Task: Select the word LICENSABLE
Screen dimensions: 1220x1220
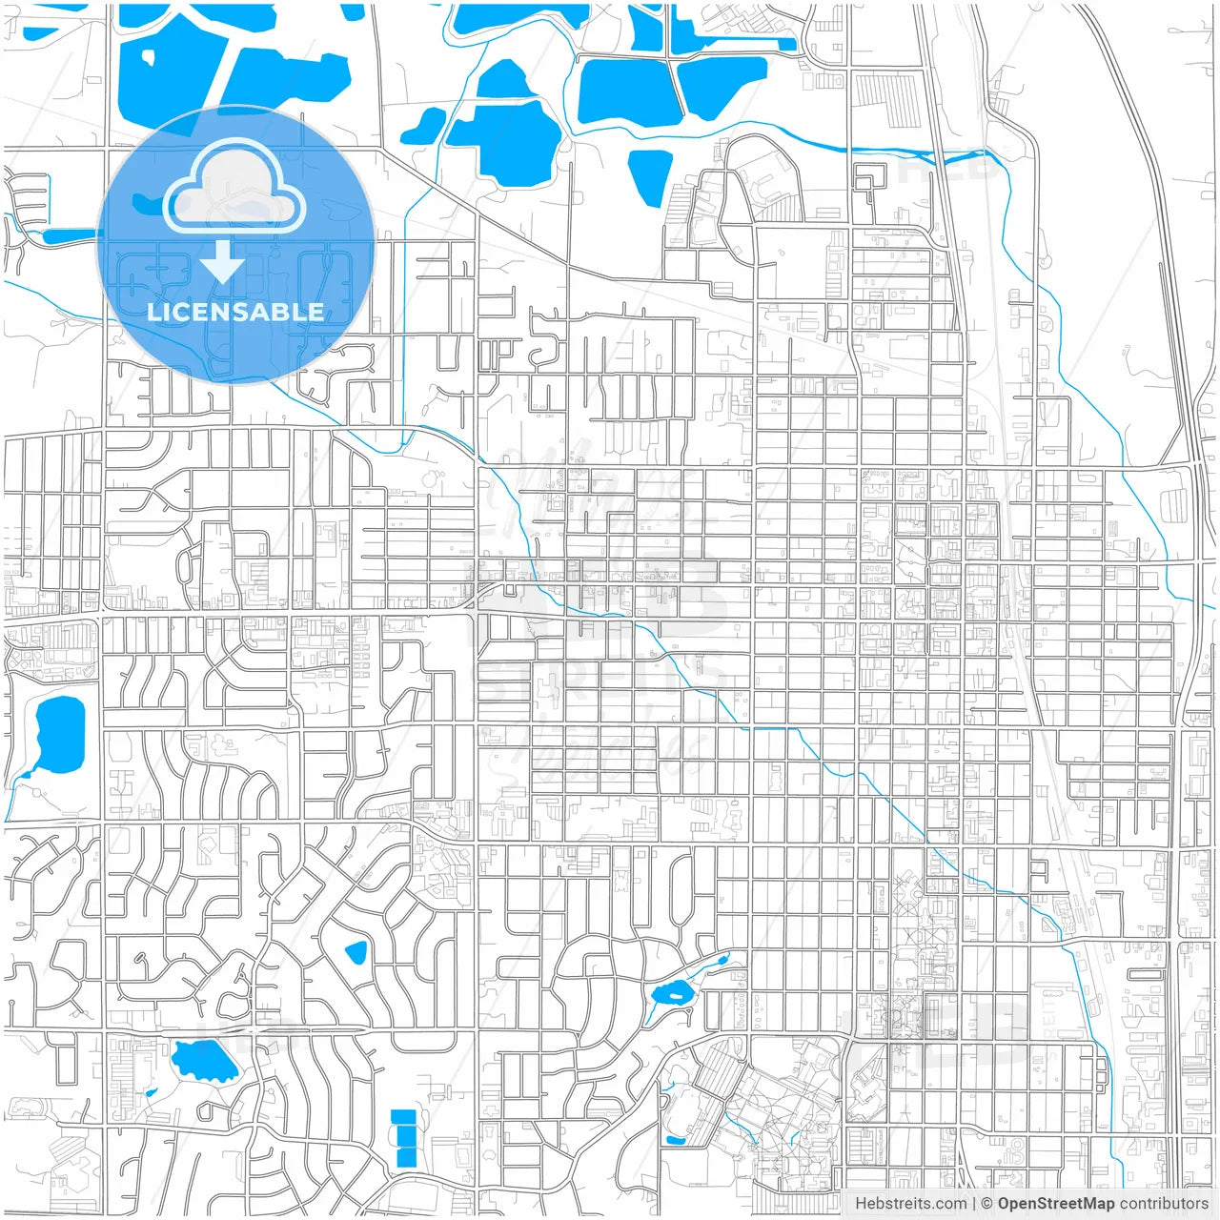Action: (x=235, y=312)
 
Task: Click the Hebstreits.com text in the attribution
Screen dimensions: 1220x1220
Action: (x=911, y=1204)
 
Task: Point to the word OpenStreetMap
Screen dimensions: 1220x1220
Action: (x=1055, y=1204)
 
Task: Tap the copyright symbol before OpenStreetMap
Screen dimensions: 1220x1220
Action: (x=986, y=1204)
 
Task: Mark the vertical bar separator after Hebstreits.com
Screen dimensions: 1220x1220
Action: (x=973, y=1204)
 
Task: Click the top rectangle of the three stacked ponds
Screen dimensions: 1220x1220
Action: (x=403, y=1117)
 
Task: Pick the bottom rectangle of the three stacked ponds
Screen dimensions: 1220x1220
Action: (x=405, y=1157)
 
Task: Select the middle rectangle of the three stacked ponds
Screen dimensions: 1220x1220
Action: (x=404, y=1136)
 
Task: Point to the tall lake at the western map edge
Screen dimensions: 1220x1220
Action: (x=58, y=734)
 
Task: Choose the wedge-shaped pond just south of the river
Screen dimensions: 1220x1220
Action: (x=650, y=176)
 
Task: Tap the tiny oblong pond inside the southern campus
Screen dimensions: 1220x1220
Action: (x=675, y=1140)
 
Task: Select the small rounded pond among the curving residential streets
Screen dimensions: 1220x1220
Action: (x=356, y=952)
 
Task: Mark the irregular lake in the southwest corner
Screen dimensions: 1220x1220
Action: (x=202, y=1059)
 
